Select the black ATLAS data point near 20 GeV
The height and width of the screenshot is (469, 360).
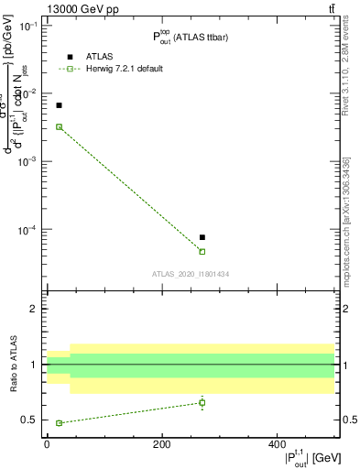coord(59,105)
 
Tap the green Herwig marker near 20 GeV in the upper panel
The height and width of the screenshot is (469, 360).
coord(59,126)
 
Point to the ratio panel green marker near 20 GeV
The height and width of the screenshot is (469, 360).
coord(59,423)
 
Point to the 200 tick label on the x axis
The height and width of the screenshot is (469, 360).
coord(161,445)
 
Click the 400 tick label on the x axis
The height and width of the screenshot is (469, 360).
coord(277,445)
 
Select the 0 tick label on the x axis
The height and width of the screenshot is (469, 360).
coord(47,445)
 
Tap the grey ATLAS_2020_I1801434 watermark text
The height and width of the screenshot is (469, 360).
coord(191,274)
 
